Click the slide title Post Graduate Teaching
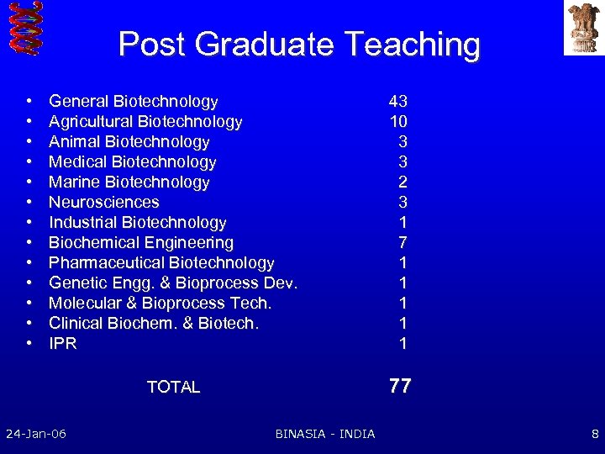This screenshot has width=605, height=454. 299,44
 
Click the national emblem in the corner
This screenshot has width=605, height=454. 583,27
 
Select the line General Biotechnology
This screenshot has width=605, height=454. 133,102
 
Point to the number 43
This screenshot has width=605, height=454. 397,102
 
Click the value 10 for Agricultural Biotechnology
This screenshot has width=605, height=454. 397,122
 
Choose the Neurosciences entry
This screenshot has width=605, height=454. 103,203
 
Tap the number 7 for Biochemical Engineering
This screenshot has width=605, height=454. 403,243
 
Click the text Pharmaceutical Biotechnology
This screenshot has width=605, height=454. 161,263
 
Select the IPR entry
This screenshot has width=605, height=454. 63,344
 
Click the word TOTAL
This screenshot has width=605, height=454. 173,387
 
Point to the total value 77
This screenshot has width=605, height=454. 400,386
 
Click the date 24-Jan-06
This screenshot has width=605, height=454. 36,434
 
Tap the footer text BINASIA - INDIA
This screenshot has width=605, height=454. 325,434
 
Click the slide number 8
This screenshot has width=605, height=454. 595,434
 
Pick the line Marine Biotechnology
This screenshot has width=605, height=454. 129,182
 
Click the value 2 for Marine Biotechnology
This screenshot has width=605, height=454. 403,182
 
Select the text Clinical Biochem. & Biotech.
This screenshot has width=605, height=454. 154,324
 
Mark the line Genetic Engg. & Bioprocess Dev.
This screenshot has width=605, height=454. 173,283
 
